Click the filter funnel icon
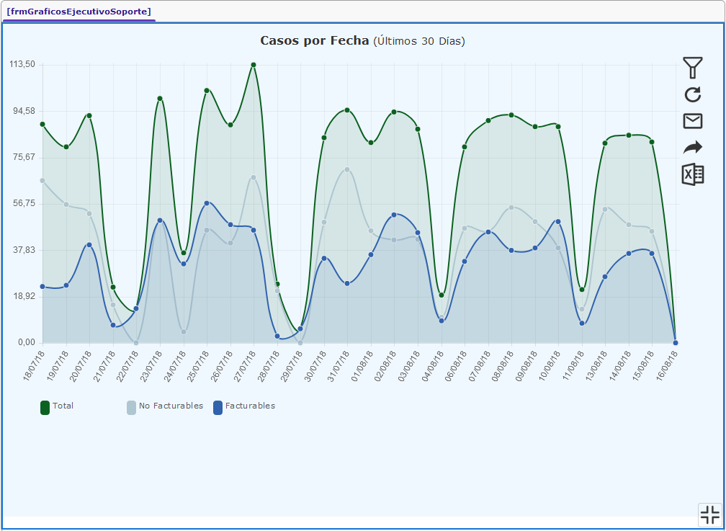tap(692, 68)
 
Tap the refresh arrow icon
tap(692, 94)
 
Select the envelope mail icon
tap(692, 121)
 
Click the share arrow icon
tap(692, 148)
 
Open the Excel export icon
tap(692, 174)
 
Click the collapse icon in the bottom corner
tap(709, 514)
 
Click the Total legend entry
tap(58, 406)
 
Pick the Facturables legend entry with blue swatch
tap(244, 406)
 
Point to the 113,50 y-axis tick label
tap(22, 64)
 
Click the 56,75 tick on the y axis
tap(22, 204)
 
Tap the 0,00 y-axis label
tap(25, 343)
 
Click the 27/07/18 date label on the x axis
tap(246, 367)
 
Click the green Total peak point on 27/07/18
tap(254, 65)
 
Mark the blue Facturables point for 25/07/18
tap(207, 203)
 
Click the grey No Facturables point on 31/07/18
tap(347, 169)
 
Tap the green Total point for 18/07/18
tap(42, 124)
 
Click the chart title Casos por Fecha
tap(315, 41)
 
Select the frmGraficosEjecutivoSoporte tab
tap(79, 12)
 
